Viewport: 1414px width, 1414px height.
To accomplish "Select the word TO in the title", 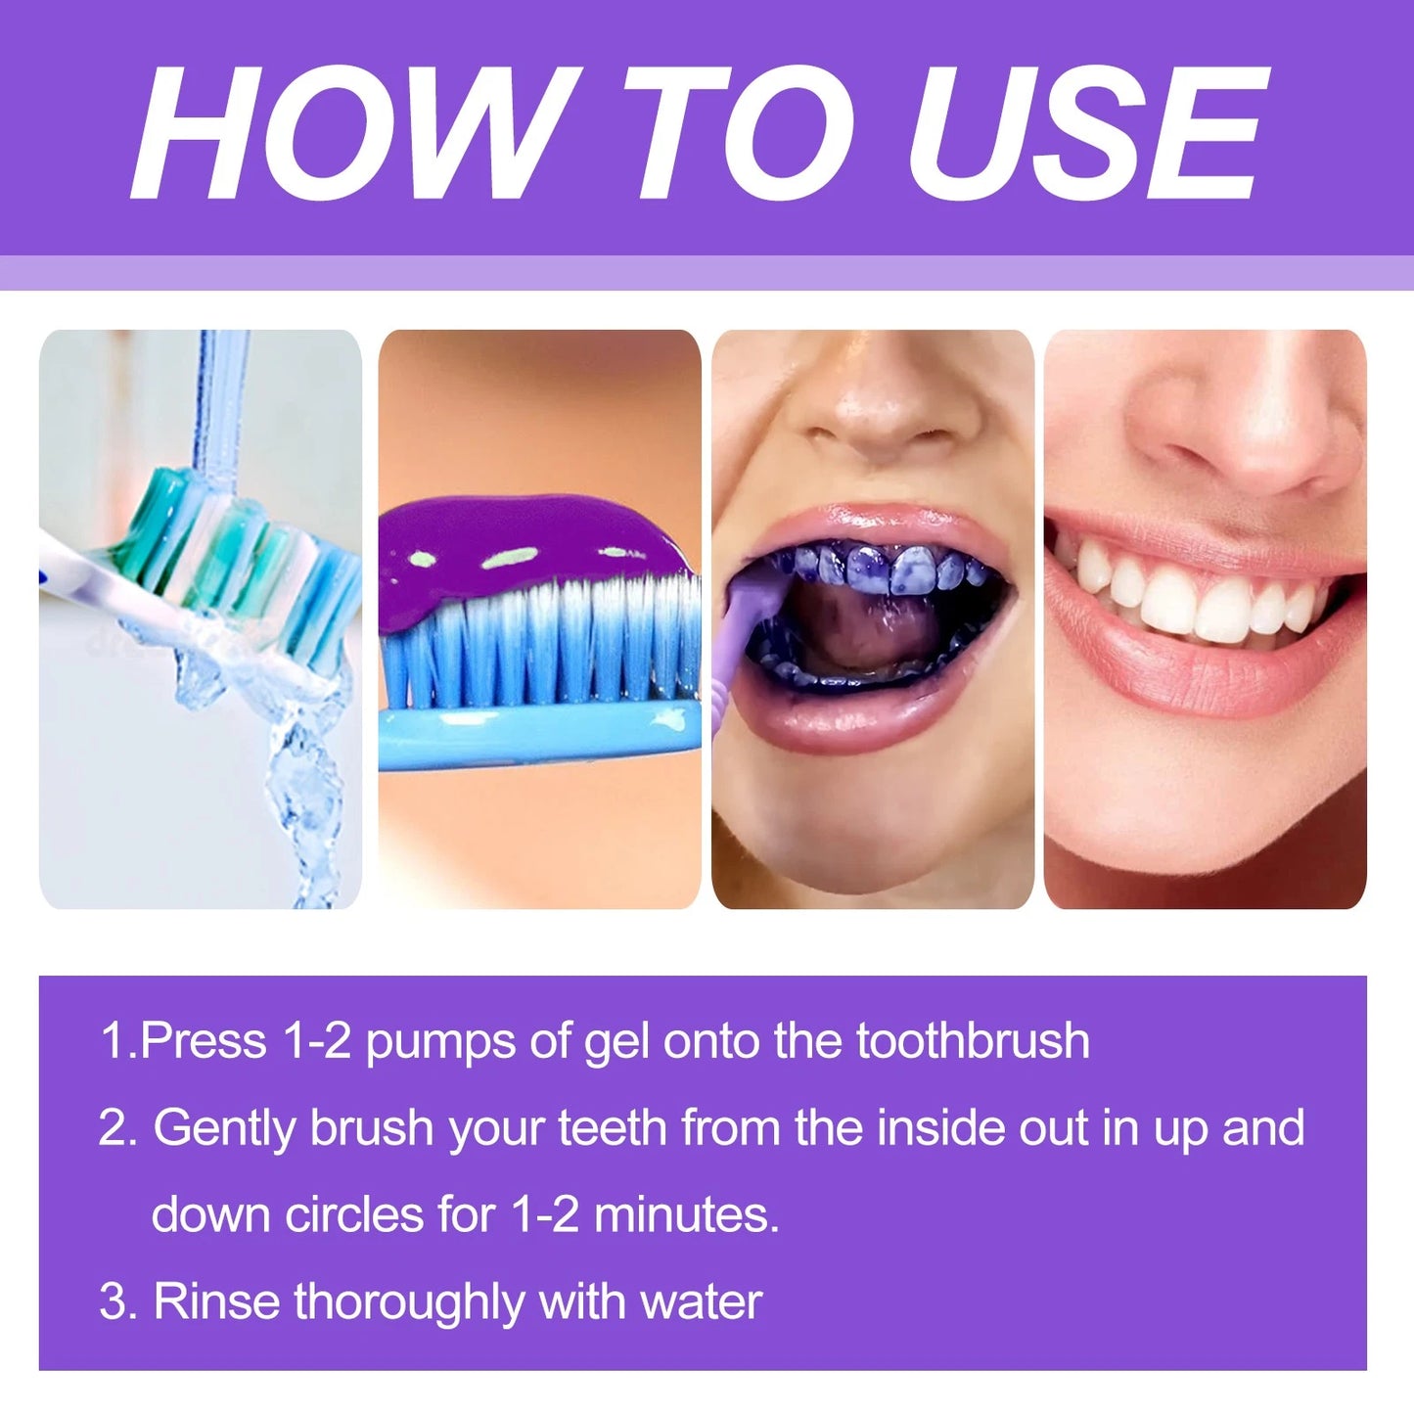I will click(739, 133).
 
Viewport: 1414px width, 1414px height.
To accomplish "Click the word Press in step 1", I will click(204, 1041).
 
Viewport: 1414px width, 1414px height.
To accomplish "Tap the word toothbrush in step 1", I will click(973, 1041).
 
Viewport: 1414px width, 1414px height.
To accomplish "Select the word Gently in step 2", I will click(224, 1129).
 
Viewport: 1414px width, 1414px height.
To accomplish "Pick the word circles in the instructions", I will click(354, 1215).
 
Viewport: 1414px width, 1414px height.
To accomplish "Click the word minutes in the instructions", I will click(685, 1215).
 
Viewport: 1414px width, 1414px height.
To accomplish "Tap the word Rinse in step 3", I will click(216, 1302).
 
